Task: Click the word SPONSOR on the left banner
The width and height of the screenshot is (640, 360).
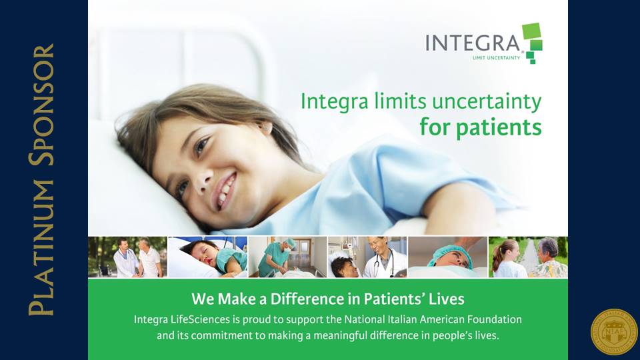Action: (41, 105)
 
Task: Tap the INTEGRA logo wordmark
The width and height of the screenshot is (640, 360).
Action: (473, 43)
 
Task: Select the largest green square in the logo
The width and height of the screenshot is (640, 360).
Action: (531, 31)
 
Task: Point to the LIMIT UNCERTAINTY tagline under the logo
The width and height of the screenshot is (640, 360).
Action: (496, 58)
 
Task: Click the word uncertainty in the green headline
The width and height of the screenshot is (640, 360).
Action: (479, 101)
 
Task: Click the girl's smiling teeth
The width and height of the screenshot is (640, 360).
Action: (227, 189)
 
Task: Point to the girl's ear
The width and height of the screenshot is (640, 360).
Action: (265, 128)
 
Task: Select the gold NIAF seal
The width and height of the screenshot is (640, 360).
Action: (614, 332)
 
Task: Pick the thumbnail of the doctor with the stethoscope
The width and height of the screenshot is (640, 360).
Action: (367, 257)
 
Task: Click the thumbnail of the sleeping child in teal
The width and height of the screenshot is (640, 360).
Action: (207, 257)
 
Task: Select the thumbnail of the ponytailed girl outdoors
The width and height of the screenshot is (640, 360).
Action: (528, 257)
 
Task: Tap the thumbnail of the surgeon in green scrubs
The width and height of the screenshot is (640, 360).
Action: (287, 257)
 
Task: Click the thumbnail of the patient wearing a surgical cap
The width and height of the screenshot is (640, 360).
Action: (448, 257)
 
